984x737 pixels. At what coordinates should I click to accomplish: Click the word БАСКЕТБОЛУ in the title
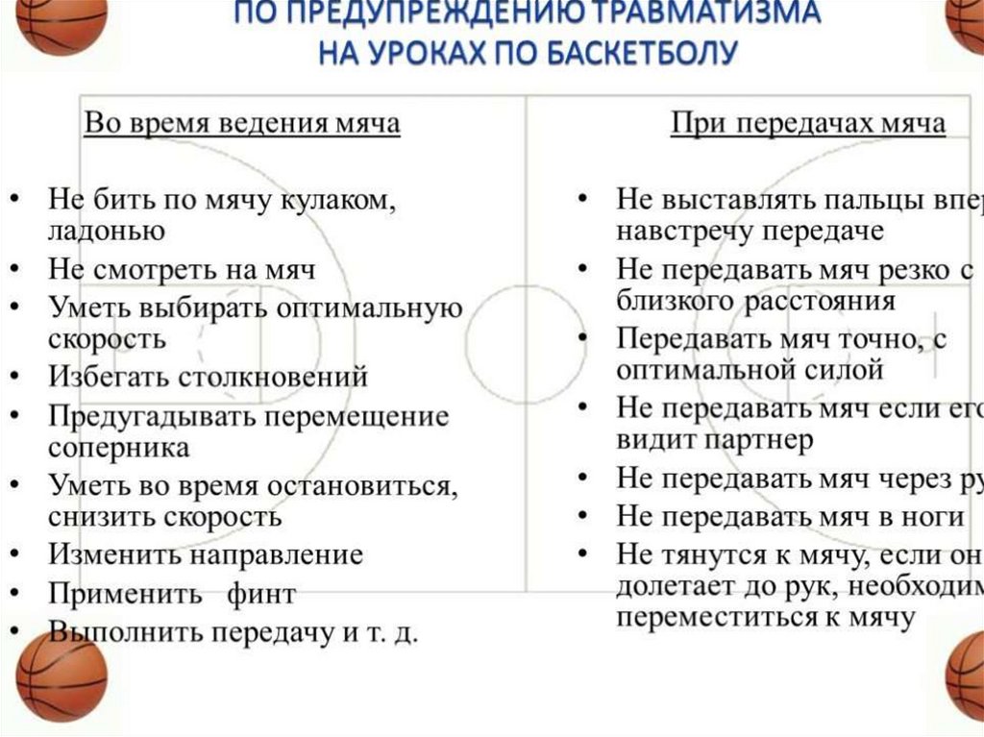point(626,49)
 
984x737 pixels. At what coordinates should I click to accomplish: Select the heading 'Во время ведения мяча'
point(242,125)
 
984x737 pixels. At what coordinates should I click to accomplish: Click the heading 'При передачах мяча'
point(808,124)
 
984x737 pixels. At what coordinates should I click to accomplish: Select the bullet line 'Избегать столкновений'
point(208,376)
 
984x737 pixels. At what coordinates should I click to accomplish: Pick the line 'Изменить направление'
point(206,554)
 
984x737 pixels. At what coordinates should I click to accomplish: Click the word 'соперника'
point(118,448)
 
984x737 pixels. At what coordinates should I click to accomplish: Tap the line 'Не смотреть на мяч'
point(182,270)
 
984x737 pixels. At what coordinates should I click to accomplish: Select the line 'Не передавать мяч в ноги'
point(790,516)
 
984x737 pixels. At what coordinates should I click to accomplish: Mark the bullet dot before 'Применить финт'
point(17,594)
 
